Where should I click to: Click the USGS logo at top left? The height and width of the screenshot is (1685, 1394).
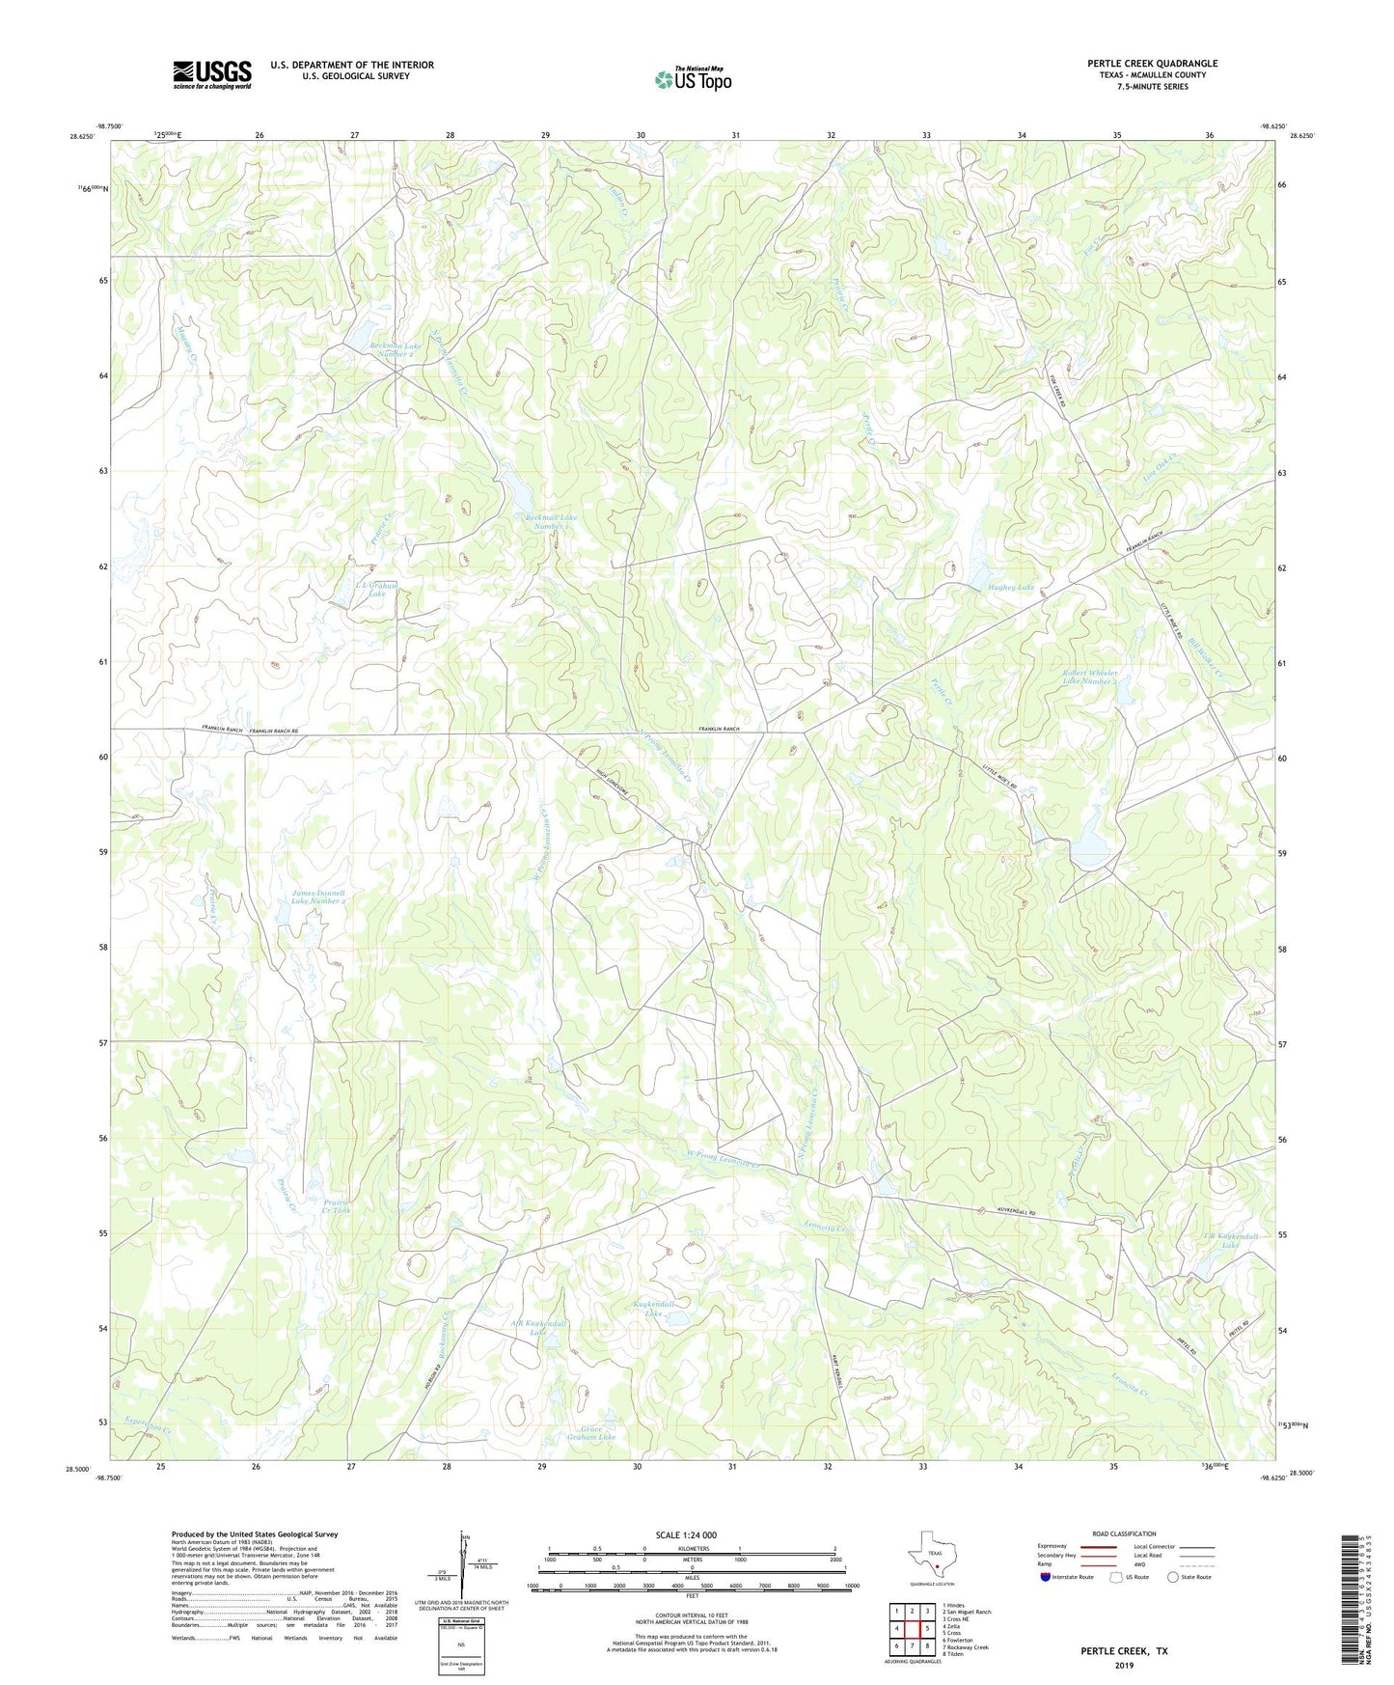coord(212,74)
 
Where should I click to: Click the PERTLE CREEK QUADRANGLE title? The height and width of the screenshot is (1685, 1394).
coord(1152,64)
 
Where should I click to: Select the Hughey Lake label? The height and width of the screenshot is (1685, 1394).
coord(1010,588)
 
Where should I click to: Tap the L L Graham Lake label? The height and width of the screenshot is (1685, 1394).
coord(376,590)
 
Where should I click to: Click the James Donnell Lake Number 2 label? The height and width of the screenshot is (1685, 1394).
coord(318,897)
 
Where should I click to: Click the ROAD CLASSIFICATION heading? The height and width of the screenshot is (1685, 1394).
coord(1124,1533)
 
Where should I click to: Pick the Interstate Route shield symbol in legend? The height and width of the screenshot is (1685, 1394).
coord(1047,1577)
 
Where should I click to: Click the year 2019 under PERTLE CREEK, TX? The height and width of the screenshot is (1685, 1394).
coord(1123,1665)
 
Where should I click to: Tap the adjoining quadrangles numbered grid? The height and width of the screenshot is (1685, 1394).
coord(911,1628)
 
